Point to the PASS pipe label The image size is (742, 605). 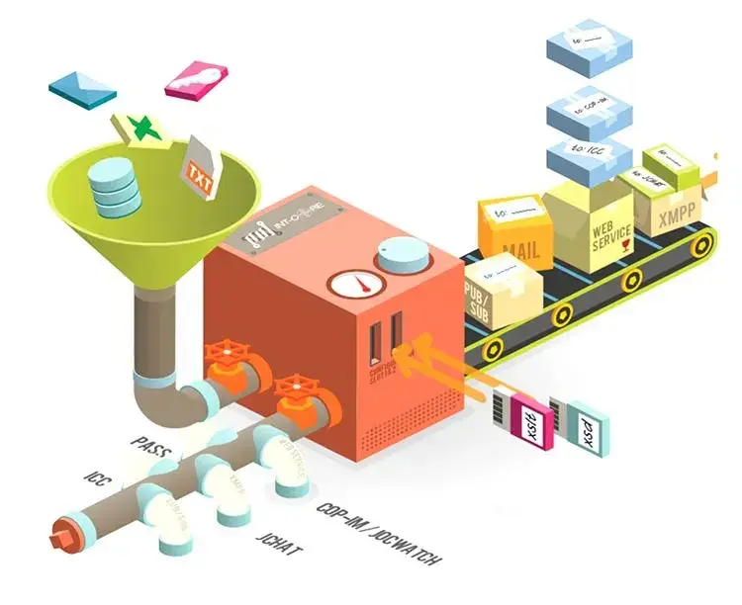coord(151,451)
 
